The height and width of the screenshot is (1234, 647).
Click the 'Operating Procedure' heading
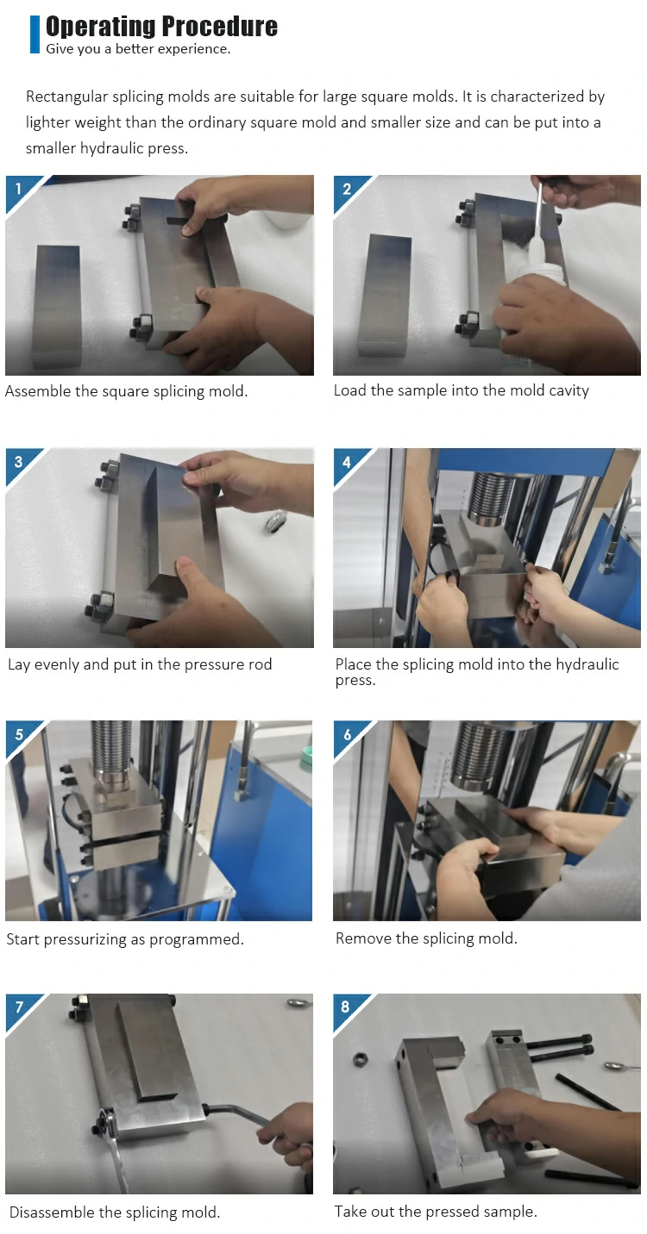pos(161,26)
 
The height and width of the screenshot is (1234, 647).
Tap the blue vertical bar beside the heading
pos(35,34)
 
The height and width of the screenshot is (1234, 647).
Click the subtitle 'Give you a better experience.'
pos(138,49)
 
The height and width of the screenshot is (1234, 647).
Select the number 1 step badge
pos(19,190)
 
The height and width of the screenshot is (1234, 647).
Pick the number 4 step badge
pos(347,462)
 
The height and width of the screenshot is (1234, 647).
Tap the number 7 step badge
pos(19,1007)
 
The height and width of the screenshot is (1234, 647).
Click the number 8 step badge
pos(346,1007)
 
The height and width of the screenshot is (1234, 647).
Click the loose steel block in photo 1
pos(57,306)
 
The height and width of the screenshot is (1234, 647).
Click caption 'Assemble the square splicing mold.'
pos(126,391)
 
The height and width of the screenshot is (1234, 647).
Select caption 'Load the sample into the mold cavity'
pos(462,390)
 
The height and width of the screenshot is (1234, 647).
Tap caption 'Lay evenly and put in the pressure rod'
pos(140,664)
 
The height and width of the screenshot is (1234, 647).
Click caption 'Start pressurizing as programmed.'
pos(125,938)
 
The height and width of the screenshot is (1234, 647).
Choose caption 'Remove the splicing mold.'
pos(426,938)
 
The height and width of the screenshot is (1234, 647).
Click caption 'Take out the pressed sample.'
pos(436,1212)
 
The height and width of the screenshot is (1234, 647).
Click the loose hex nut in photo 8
pos(359,1059)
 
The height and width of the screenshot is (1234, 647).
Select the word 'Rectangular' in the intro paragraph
pos(66,97)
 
